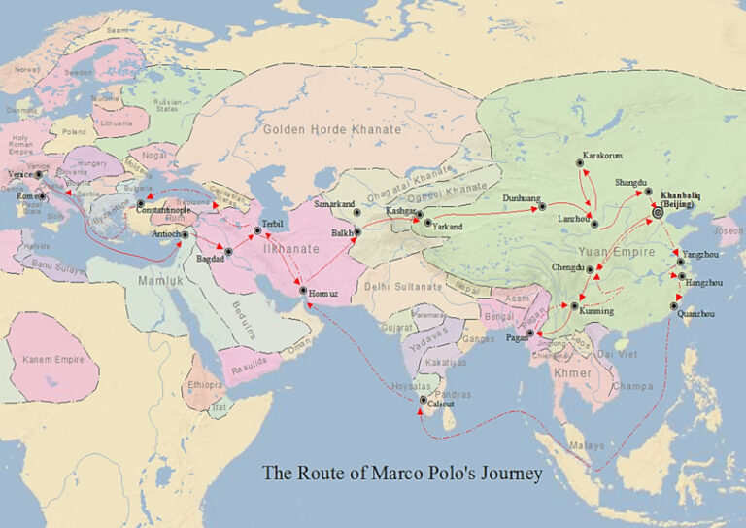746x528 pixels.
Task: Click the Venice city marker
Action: [x=40, y=174]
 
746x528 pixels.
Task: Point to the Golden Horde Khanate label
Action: [x=330, y=129]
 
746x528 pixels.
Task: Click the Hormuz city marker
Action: [x=303, y=291]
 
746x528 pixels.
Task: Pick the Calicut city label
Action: [x=443, y=407]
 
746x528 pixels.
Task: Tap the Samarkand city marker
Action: [x=356, y=212]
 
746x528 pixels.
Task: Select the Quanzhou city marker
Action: [x=675, y=306]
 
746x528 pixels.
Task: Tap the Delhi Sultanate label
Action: [x=403, y=286]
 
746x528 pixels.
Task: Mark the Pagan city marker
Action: [x=529, y=334]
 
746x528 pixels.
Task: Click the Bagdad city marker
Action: [x=229, y=251]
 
